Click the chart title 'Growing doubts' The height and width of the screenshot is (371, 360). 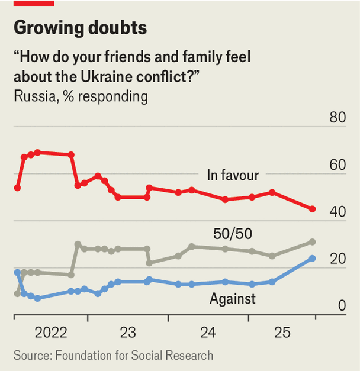click(80, 27)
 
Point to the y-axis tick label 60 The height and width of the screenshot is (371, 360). click(337, 164)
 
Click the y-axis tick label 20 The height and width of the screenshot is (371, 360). click(337, 259)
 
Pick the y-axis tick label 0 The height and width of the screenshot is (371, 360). click(342, 306)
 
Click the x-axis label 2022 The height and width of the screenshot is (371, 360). click(51, 333)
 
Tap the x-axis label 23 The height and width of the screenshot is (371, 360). click(127, 333)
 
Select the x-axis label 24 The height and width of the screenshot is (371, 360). click(208, 333)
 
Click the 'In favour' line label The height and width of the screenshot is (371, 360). click(233, 175)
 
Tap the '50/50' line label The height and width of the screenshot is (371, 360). click(233, 234)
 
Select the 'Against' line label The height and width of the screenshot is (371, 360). click(233, 299)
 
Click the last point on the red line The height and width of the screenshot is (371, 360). click(313, 209)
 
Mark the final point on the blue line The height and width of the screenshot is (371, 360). click(313, 259)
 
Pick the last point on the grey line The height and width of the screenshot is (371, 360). click(313, 242)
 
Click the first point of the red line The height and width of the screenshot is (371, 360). click(17, 188)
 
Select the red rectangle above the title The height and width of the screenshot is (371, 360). click(34, 3)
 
